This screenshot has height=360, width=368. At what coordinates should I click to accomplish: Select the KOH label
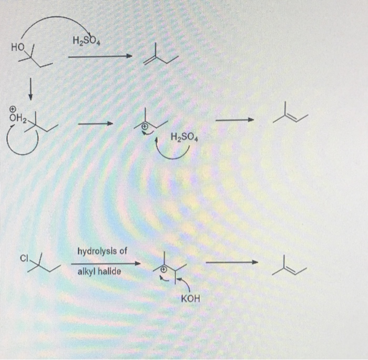190,300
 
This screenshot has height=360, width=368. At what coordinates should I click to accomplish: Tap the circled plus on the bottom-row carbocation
163,269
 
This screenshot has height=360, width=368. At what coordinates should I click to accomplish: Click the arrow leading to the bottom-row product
231,262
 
